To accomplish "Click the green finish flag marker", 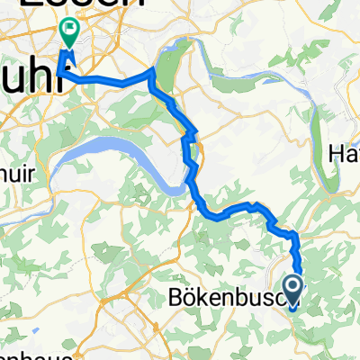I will (68, 32).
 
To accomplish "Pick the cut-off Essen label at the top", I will (58, 5).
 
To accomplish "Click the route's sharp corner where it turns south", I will (155, 69).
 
